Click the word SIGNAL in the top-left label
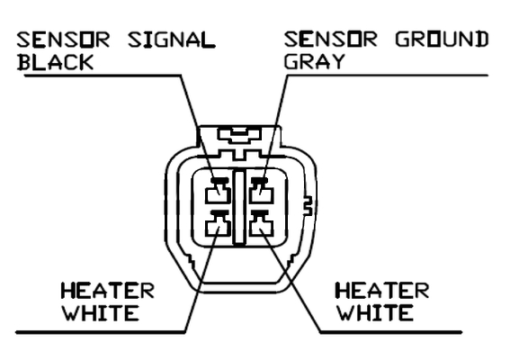[172, 40]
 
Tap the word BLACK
[55, 62]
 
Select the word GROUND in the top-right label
[442, 40]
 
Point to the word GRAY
[314, 61]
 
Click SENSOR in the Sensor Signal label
[63, 40]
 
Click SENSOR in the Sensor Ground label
[330, 40]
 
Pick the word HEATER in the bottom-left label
[107, 291]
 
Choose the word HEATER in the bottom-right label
[382, 291]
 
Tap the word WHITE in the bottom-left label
[101, 313]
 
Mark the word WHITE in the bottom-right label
[375, 313]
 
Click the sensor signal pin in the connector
[218, 192]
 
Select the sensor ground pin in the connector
[261, 192]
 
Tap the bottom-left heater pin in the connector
[218, 224]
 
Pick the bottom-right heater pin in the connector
[261, 224]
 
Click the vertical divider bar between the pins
[239, 207]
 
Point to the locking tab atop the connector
[239, 136]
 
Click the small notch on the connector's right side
[309, 206]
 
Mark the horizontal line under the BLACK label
[103, 76]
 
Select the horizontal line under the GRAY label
[388, 76]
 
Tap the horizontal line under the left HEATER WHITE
[101, 332]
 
